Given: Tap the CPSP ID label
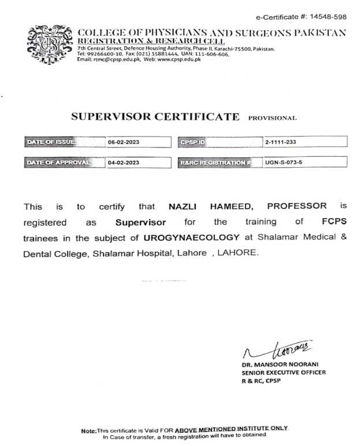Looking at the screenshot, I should (x=196, y=141).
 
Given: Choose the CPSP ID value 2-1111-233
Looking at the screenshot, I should (x=280, y=141).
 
